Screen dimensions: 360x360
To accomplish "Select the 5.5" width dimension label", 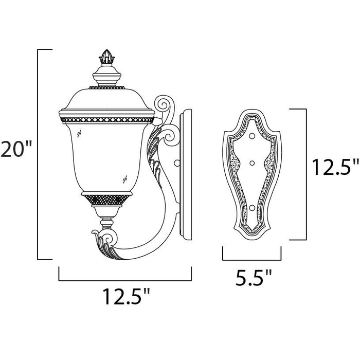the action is [x=254, y=278].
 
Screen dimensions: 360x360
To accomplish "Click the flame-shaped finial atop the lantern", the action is [x=107, y=57].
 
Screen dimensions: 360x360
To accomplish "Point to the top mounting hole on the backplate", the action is [x=252, y=136].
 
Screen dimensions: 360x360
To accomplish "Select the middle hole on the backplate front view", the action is [x=252, y=163].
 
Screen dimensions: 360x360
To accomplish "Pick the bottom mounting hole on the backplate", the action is [x=252, y=208].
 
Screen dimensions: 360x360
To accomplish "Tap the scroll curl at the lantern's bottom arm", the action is [x=109, y=239].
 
